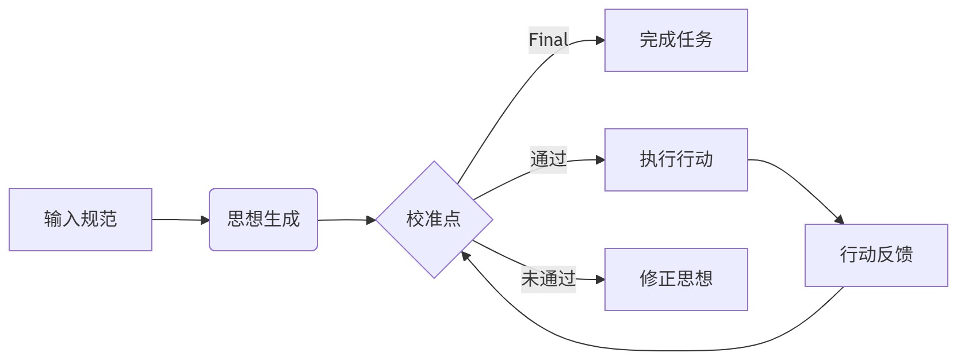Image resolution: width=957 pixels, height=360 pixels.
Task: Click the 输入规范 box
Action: tap(81, 220)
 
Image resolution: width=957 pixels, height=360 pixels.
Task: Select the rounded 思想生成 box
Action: tap(263, 220)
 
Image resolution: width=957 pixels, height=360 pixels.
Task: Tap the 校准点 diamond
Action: tap(434, 220)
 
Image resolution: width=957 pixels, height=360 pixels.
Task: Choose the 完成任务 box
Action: tap(676, 40)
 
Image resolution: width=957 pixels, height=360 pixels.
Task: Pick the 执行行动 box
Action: tap(676, 160)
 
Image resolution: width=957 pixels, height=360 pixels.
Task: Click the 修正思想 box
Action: tap(676, 279)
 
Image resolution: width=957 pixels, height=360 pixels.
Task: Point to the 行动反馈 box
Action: tap(876, 255)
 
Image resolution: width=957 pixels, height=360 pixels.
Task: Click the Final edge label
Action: tap(549, 40)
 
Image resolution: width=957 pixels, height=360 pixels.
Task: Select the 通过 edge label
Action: tap(549, 159)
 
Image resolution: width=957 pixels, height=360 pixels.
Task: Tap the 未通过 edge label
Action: tap(549, 279)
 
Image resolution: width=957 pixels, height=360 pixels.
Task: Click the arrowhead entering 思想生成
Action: tap(205, 220)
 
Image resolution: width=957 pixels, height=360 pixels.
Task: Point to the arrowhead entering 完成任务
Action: tap(600, 40)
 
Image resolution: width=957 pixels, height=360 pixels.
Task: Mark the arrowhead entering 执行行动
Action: tap(600, 160)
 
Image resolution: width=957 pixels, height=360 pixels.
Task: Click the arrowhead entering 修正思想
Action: tap(600, 279)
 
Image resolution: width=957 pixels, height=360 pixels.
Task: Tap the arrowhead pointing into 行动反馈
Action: tap(840, 220)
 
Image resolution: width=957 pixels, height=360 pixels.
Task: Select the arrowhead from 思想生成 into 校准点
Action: tap(372, 220)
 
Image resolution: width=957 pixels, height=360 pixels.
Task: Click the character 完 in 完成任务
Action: tap(649, 40)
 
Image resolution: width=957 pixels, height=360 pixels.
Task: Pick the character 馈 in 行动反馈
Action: tap(904, 255)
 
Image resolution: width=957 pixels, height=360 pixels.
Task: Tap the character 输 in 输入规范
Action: tap(53, 220)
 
